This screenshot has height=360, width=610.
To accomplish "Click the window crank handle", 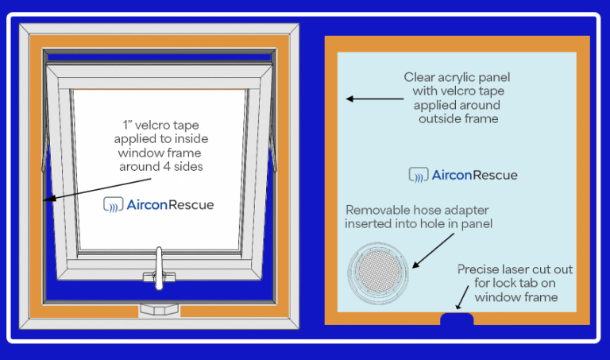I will [160, 267].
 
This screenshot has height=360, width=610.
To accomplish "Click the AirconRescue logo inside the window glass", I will [159, 204].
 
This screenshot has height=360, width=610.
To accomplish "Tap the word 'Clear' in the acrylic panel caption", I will [422, 77].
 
